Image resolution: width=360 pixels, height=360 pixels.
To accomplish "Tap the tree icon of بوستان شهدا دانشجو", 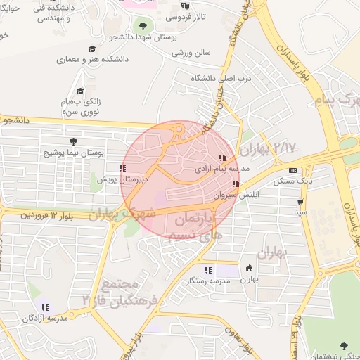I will pyautogui.click(x=143, y=26).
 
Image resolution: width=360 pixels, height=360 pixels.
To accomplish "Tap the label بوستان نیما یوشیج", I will pyautogui.click(x=74, y=152).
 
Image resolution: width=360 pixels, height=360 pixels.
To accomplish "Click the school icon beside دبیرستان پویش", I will pyautogui.click(x=122, y=168).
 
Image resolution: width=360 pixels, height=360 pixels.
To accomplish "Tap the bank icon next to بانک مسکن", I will pyautogui.click(x=292, y=170).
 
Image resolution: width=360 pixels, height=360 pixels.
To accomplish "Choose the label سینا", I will pyautogui.click(x=301, y=211).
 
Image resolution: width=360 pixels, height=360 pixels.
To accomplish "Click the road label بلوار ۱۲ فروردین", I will pyautogui.click(x=49, y=213).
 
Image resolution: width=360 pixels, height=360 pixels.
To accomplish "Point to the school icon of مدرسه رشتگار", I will pyautogui.click(x=207, y=269).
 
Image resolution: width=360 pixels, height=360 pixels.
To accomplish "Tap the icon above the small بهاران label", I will pyautogui.click(x=249, y=268).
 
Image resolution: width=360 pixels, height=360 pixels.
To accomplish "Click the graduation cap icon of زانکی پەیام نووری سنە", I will pyautogui.click(x=80, y=91).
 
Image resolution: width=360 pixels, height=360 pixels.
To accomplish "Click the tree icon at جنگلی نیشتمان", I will pyautogui.click(x=344, y=345).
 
